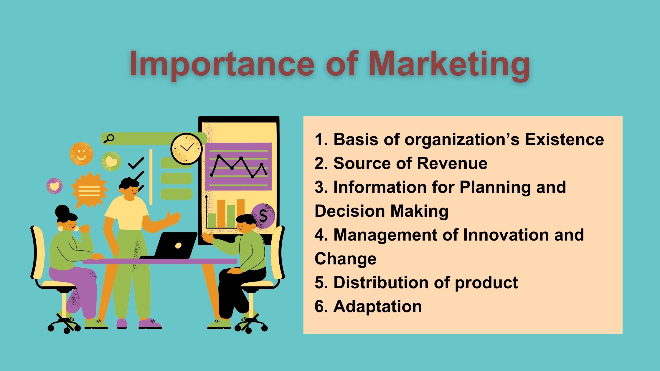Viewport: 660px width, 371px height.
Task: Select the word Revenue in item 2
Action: [452, 163]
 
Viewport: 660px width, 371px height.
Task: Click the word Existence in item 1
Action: [564, 139]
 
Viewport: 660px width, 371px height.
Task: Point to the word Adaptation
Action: [378, 307]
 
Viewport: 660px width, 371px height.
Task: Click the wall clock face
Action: [187, 149]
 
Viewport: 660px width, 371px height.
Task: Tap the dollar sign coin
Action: [263, 216]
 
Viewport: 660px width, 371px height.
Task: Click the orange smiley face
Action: [81, 154]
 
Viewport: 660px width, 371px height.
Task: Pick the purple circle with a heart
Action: [55, 186]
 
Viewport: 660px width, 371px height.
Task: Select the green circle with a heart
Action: [111, 161]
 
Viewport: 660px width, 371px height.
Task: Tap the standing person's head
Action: [130, 189]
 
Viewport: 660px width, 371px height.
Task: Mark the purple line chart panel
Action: [238, 167]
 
